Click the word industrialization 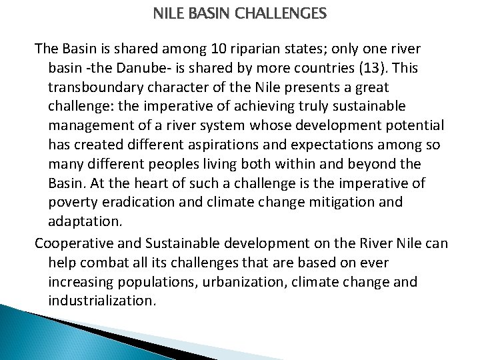pos(102,301)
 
